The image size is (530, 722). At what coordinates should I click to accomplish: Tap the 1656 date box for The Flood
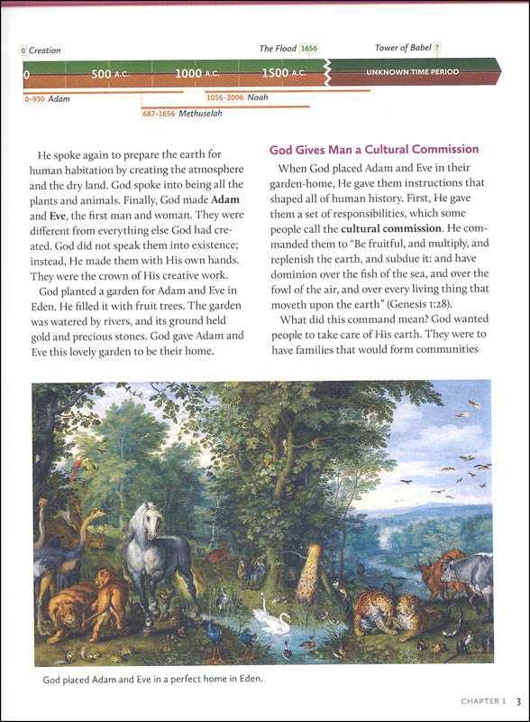click(x=309, y=49)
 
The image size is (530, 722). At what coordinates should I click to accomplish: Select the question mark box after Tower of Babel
click(x=437, y=49)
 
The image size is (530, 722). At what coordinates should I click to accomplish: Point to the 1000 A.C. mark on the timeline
click(x=196, y=73)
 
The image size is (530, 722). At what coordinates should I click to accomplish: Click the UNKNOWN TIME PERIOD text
click(x=411, y=72)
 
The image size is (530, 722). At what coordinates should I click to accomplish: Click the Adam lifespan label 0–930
click(x=50, y=98)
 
